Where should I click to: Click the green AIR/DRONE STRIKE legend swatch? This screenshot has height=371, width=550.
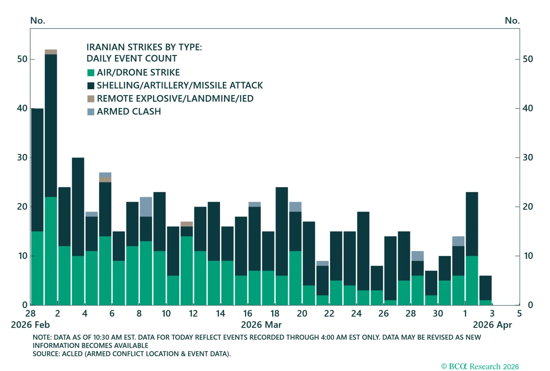click(91, 72)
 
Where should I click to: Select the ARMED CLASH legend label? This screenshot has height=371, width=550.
click(129, 112)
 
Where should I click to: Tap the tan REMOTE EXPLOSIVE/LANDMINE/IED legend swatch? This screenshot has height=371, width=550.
click(91, 99)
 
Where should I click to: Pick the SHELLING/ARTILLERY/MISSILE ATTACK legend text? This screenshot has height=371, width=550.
click(179, 86)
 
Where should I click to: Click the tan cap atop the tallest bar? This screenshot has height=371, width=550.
click(51, 52)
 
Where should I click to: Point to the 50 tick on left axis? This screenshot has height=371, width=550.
click(22, 59)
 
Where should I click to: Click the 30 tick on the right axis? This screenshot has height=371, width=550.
click(527, 158)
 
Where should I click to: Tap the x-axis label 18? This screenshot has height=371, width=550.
click(275, 314)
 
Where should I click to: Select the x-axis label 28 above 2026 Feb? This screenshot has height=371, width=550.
click(30, 314)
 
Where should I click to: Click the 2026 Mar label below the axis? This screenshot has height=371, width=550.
click(261, 325)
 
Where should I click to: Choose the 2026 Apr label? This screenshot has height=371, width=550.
click(492, 325)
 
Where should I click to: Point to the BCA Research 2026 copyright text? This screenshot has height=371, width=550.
click(480, 367)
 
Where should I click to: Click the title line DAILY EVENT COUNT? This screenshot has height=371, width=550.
click(132, 59)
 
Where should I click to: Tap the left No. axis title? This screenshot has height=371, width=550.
click(37, 21)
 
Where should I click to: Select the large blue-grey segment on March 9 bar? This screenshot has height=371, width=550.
click(146, 206)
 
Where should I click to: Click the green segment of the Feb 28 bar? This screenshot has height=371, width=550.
click(37, 268)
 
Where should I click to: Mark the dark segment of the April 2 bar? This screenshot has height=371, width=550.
click(472, 223)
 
